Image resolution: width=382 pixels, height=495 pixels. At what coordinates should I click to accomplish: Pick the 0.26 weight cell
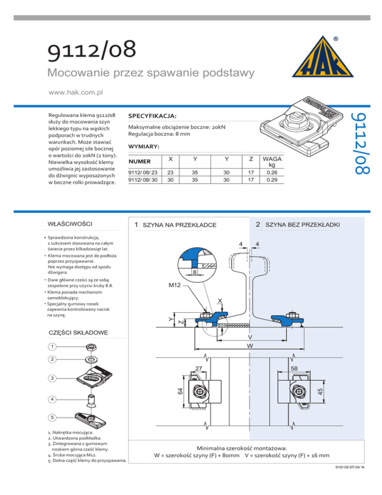[272, 172]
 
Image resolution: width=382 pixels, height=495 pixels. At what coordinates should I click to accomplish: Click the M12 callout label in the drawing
[175, 286]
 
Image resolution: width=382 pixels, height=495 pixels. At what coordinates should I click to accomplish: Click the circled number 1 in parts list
[52, 346]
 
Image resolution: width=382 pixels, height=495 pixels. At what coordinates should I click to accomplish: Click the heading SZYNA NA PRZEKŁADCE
[179, 225]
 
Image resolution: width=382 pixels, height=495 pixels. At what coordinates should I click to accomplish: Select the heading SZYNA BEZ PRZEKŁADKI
[302, 225]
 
